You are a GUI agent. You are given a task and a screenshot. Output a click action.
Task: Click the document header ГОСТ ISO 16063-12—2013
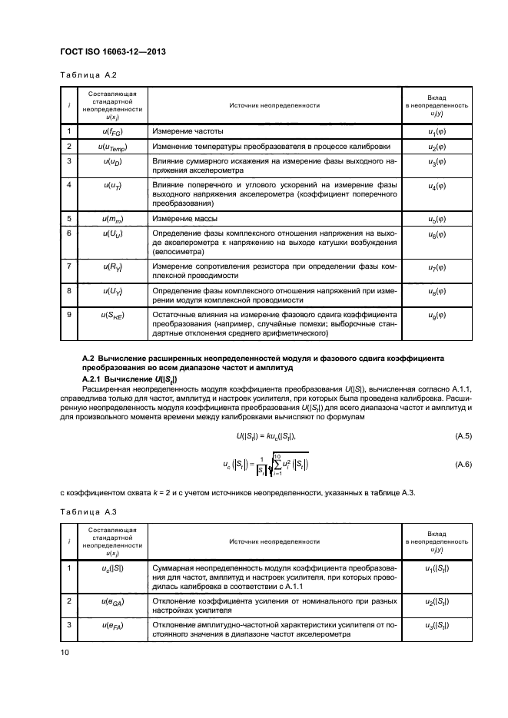(x=113, y=51)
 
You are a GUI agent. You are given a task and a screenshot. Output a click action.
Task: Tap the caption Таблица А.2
(x=82, y=75)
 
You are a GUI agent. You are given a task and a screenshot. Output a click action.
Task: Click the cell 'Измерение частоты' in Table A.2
(x=184, y=132)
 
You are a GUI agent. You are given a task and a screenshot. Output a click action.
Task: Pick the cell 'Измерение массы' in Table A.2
(x=181, y=220)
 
